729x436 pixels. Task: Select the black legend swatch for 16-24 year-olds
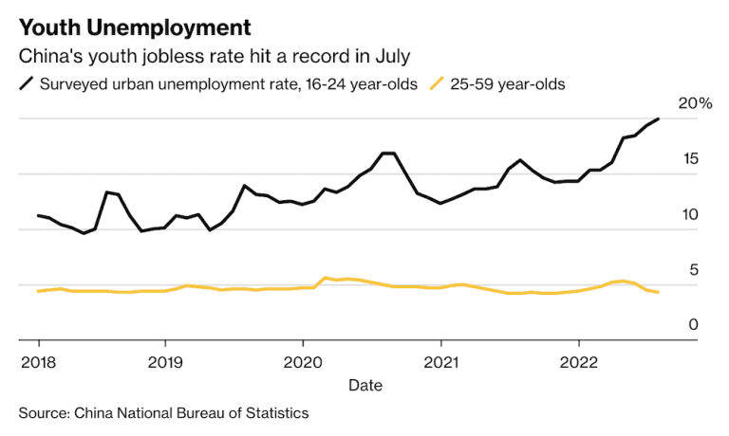[27, 84]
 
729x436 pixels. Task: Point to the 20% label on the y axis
[694, 103]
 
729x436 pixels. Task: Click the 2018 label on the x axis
[38, 362]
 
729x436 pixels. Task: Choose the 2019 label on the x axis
[165, 362]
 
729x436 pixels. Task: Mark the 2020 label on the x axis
[303, 362]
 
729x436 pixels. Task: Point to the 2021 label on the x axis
[440, 362]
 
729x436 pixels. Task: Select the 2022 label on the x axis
[578, 362]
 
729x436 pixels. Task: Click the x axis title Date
[365, 385]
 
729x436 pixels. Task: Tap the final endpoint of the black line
[658, 119]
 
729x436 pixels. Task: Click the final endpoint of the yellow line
[658, 292]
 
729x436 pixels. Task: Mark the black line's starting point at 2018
[38, 215]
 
